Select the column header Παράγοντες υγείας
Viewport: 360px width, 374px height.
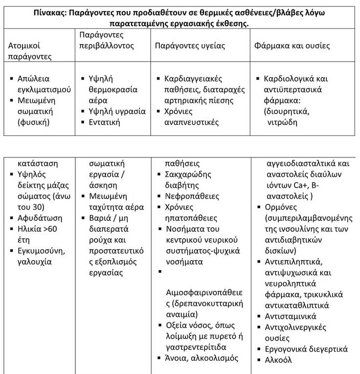point(190,46)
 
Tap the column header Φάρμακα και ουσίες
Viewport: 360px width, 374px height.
point(292,46)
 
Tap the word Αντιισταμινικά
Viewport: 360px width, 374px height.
point(290,316)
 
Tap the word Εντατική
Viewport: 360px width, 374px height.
point(105,122)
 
